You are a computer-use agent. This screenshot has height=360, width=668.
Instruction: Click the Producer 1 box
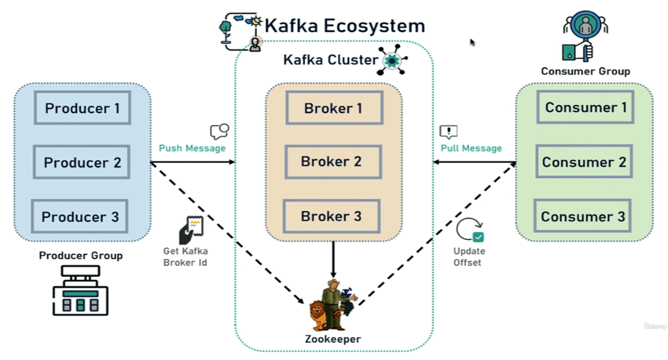point(82,108)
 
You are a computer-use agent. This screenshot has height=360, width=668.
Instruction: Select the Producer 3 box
point(80,217)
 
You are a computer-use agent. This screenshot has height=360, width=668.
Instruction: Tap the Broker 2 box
point(331,162)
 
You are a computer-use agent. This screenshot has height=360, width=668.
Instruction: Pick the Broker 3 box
point(331,217)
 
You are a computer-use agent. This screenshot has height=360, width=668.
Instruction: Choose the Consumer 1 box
point(586,108)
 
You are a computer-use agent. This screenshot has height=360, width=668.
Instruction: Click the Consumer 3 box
point(582,217)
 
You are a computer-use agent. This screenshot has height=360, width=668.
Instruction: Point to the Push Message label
point(192,148)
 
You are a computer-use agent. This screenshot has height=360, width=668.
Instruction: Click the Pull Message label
point(471,148)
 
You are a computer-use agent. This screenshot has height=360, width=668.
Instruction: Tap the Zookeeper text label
point(332,339)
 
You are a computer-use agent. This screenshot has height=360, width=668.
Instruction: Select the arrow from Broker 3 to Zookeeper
point(333,258)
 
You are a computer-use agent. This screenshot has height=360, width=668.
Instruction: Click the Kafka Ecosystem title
point(345,26)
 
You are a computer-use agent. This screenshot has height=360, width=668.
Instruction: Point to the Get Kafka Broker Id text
point(185,257)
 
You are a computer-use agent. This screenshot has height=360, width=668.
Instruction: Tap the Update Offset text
point(469,257)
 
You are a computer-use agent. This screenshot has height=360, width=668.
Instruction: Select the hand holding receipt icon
point(190,230)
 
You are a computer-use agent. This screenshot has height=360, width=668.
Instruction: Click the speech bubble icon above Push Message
point(219,131)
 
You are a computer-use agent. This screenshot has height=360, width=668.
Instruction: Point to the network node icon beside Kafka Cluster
point(393,60)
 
